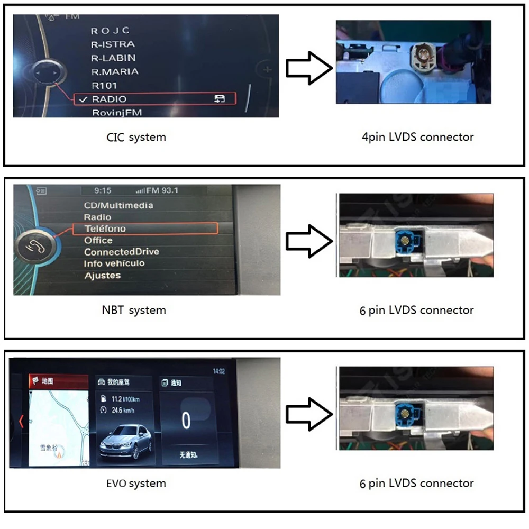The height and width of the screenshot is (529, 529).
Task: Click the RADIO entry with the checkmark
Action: coord(110,99)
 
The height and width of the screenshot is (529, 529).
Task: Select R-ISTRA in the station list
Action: coord(113,44)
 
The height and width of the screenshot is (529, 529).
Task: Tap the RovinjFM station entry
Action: coord(116,112)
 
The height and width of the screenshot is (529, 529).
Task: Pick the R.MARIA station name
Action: coord(115,71)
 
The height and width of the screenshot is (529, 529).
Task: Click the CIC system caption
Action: coord(136,137)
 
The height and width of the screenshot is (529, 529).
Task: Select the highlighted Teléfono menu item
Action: coord(105,229)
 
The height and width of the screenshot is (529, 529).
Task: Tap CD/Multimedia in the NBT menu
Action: coord(118,205)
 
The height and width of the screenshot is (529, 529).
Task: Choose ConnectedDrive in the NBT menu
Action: coord(121,252)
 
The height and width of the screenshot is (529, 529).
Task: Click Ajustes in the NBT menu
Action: coord(103,275)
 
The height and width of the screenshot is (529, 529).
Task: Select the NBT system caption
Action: coord(133,310)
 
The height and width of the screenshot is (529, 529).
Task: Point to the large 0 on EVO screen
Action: coord(186,421)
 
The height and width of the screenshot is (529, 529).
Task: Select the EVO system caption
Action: coord(136,483)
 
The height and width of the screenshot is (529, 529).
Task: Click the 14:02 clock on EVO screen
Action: coord(218,371)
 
